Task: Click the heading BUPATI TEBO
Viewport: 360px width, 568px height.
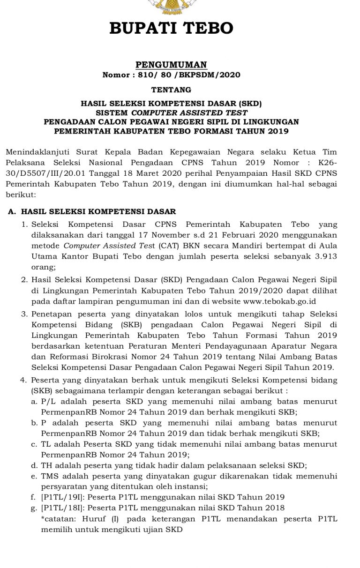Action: (x=171, y=29)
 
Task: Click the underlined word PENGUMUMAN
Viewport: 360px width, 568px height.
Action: (x=171, y=65)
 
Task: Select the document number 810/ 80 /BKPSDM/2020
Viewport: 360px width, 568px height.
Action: (x=188, y=75)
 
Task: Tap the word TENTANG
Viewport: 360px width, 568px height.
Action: (x=171, y=89)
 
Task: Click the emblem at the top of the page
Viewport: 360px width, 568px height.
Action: (x=171, y=6)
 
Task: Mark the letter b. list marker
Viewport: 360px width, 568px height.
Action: (x=34, y=423)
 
